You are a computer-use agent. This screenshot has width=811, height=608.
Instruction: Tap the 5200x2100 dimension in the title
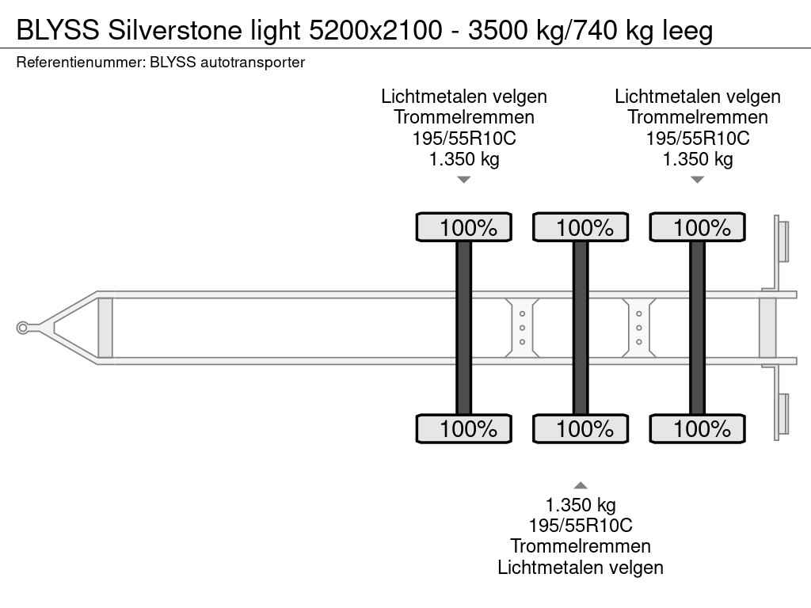click(x=375, y=30)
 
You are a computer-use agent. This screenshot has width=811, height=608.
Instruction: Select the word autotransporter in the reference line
click(x=253, y=63)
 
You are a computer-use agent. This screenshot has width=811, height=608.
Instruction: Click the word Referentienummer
click(x=81, y=63)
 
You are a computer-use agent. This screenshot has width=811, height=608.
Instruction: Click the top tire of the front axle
click(x=464, y=227)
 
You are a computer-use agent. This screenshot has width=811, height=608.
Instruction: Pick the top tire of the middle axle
click(x=581, y=227)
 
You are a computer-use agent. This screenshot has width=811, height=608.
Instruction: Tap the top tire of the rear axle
click(x=697, y=227)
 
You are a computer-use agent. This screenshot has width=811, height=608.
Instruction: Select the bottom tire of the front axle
click(x=464, y=428)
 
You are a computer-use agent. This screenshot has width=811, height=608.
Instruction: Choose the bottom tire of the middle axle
click(x=581, y=428)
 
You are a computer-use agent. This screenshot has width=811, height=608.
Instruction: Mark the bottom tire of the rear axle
click(x=697, y=428)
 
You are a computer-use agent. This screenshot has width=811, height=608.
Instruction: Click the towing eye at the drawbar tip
click(x=22, y=328)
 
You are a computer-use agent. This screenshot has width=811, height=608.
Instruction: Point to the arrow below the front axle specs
click(x=464, y=180)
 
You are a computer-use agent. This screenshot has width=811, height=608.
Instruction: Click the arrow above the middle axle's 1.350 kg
click(x=581, y=485)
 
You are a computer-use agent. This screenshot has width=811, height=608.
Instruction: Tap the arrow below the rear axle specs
click(x=697, y=180)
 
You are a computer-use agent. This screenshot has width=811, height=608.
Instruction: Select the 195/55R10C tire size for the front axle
click(x=464, y=138)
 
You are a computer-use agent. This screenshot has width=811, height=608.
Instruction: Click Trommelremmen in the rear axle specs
click(x=697, y=117)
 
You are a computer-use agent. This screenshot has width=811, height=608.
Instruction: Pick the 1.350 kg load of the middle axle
click(x=581, y=504)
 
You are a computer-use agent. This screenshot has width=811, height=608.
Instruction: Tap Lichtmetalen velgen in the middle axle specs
click(x=581, y=567)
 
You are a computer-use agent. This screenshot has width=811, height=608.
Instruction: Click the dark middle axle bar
click(x=581, y=328)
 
